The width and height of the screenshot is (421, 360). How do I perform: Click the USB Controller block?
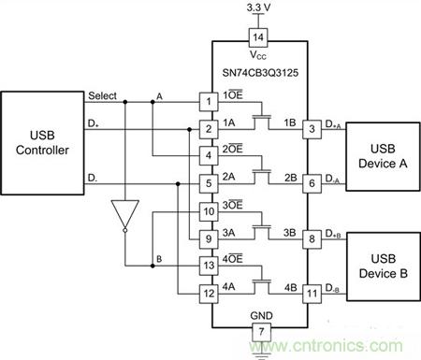tap(42, 143)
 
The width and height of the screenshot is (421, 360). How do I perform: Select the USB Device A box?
tap(383, 156)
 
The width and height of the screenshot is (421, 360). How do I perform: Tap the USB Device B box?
tap(384, 266)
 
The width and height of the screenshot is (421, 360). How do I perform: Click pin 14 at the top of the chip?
tap(258, 37)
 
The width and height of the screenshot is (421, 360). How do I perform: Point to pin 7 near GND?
tap(261, 332)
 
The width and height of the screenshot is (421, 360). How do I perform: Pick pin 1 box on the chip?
tap(209, 102)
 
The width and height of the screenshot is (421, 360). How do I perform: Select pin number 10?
tap(209, 211)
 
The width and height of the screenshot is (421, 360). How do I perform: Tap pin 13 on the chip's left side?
tap(209, 266)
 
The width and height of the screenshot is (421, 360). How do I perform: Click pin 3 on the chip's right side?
tap(312, 129)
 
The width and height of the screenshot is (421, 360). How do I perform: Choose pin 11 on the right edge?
tap(312, 294)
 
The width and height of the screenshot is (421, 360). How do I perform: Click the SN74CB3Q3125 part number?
tap(260, 73)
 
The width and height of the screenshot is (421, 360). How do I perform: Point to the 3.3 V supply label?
tap(258, 7)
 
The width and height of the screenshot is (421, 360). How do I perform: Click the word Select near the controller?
tap(102, 95)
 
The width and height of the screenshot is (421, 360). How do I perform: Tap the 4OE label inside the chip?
tap(232, 259)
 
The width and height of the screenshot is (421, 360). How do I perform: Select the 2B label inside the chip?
tap(290, 178)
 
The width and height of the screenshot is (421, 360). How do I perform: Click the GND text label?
tap(261, 316)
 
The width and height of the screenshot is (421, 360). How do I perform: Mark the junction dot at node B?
tap(152, 266)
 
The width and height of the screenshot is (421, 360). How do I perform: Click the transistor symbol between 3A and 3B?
tap(261, 232)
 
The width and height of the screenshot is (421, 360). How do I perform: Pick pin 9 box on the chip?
tap(209, 239)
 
